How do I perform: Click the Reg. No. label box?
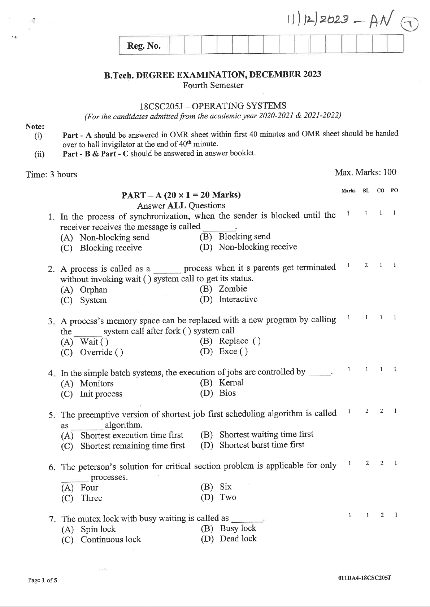click(x=144, y=46)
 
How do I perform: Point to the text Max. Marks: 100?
click(x=365, y=172)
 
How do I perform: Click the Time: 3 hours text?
click(x=51, y=174)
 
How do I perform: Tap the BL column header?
click(x=366, y=191)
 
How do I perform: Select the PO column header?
click(x=394, y=191)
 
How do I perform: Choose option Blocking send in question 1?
click(x=244, y=236)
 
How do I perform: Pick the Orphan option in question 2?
click(x=93, y=290)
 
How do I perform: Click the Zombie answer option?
click(x=233, y=289)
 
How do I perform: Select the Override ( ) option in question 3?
click(x=101, y=352)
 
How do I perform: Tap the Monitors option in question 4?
click(x=96, y=384)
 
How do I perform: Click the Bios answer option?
click(x=227, y=393)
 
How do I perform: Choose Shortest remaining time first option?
click(x=133, y=446)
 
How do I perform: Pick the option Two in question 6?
click(x=228, y=497)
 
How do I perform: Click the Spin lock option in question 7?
click(x=98, y=529)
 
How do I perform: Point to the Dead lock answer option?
click(x=238, y=539)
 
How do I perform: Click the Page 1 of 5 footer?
click(x=43, y=580)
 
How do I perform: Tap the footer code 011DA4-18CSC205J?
click(x=364, y=578)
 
